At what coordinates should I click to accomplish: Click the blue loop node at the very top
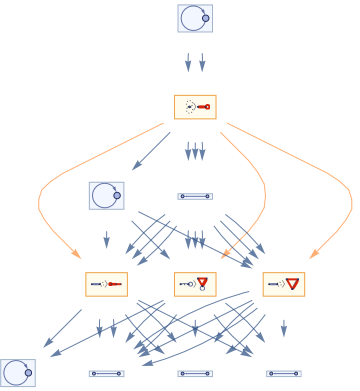[x=195, y=18]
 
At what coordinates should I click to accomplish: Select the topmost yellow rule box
[x=195, y=107]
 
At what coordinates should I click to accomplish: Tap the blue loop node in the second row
[x=106, y=195]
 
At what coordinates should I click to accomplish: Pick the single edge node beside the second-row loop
[x=195, y=196]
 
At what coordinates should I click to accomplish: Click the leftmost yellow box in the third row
[x=106, y=284]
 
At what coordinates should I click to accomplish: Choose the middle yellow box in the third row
[x=195, y=284]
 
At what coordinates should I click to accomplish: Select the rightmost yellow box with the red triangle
[x=283, y=284]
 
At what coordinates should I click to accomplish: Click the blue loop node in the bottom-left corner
[x=18, y=373]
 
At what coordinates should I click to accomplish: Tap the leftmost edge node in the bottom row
[x=106, y=373]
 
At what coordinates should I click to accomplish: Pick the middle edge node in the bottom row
[x=195, y=373]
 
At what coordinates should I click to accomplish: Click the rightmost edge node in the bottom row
[x=283, y=373]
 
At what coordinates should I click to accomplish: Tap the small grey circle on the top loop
[x=205, y=18]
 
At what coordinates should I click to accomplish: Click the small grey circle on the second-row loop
[x=117, y=195]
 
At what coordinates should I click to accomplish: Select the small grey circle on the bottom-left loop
[x=28, y=373]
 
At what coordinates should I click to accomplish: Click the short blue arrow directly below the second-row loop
[x=106, y=239]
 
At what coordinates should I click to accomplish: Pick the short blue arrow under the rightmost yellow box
[x=283, y=328]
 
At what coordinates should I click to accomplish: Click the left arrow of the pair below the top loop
[x=188, y=63]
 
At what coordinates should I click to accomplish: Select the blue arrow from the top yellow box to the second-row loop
[x=150, y=152]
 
